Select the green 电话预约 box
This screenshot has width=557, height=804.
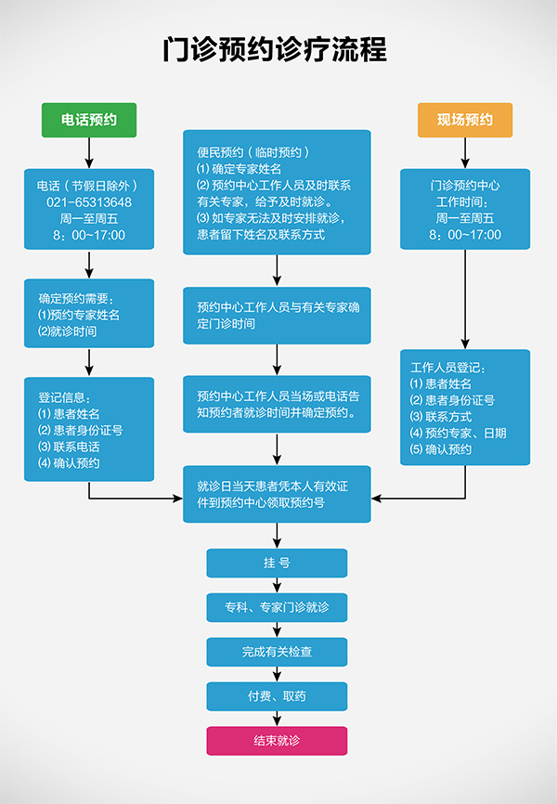pos(89,120)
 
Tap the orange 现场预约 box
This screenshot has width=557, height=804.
pos(464,120)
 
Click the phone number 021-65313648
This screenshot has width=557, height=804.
pos(89,201)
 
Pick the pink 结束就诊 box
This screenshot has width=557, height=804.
pos(277,741)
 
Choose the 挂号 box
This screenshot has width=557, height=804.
pos(277,563)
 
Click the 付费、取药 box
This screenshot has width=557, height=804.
pos(277,696)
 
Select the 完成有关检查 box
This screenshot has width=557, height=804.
pos(277,653)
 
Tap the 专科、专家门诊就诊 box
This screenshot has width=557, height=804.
pos(277,608)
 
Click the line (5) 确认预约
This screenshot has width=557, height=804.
pos(441,449)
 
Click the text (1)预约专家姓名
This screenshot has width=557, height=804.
pos(79,315)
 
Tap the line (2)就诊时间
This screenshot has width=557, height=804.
pos(67,331)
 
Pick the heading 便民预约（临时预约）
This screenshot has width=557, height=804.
pos(253,151)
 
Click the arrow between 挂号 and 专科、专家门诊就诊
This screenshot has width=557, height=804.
pos(277,585)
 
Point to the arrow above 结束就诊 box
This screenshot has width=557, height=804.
pos(277,719)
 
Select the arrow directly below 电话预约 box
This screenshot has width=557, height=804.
pos(89,152)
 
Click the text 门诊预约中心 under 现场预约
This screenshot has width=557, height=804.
pos(465,185)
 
